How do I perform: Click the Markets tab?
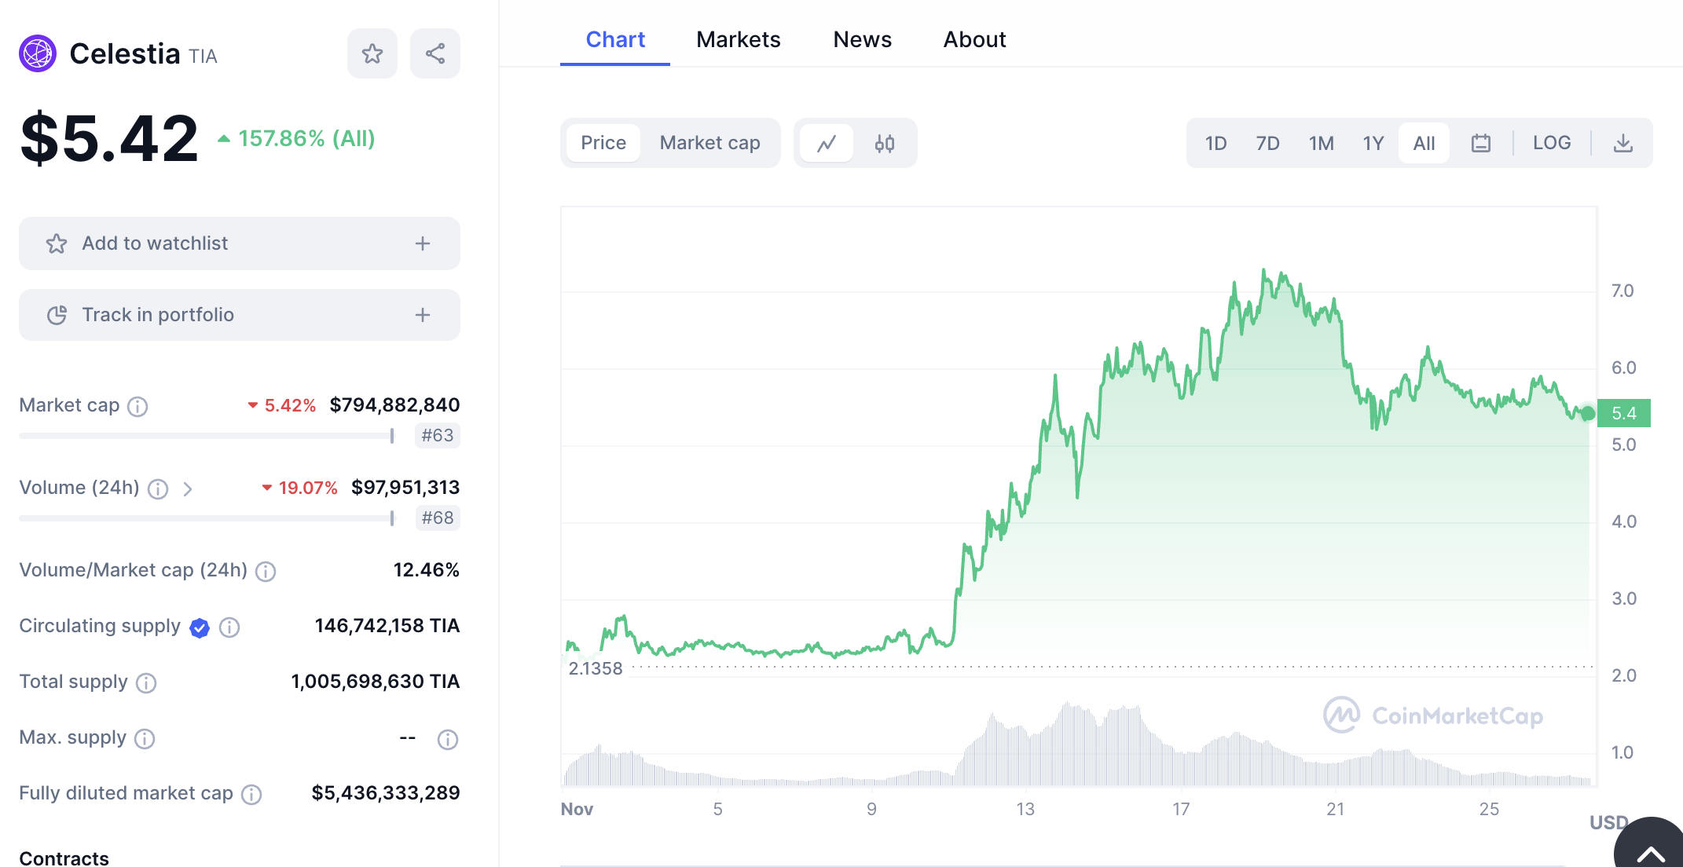738,39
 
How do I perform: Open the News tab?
862,39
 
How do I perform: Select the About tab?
974,39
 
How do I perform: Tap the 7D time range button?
1267,143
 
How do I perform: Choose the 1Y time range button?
1373,143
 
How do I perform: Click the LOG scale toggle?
1552,143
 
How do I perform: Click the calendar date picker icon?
1481,143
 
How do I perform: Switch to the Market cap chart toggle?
709,143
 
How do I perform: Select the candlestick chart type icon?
885,143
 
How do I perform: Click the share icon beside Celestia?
435,53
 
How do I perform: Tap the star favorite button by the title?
372,53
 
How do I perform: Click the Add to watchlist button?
239,243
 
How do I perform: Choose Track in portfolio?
239,315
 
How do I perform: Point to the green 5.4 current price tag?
1623,413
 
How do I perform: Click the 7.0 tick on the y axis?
1622,291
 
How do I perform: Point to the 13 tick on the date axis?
1025,809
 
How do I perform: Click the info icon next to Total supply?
146,682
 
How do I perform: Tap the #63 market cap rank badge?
438,435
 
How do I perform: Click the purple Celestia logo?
38,53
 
